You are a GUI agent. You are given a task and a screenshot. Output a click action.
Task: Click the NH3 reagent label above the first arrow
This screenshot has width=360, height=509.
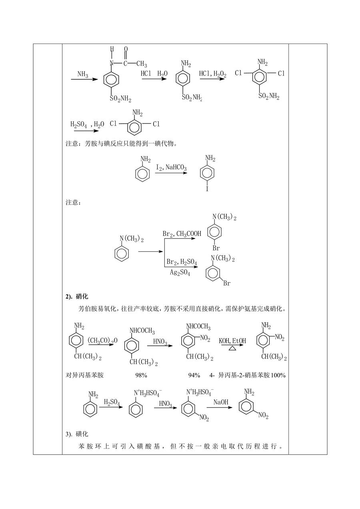coord(83,74)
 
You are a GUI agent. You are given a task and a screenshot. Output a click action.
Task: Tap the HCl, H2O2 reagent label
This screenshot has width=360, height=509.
coord(212,74)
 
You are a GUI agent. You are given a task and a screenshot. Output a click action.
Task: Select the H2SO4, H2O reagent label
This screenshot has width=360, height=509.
coord(87,125)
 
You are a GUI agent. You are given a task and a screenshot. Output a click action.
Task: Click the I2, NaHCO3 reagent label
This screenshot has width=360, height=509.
coord(172,168)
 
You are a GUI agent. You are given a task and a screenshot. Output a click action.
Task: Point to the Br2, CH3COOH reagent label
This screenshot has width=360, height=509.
coord(182,234)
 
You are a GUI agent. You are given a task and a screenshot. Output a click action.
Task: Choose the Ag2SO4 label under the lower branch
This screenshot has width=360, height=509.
coord(180,272)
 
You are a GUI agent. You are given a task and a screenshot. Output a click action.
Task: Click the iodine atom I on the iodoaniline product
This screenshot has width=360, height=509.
coord(207,188)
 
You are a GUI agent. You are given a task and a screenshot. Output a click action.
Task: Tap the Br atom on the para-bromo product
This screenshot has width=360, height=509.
coord(216,248)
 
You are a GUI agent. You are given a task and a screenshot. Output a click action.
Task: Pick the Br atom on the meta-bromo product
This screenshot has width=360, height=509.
coord(227,283)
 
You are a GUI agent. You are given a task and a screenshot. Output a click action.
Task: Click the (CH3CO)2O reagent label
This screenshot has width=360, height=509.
coord(102,341)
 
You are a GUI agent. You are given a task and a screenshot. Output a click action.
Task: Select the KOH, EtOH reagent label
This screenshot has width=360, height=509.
coord(232,341)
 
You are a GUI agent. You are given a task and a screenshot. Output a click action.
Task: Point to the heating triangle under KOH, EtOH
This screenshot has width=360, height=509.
coord(232,348)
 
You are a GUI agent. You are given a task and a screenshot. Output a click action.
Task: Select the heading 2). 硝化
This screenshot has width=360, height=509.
coord(77,297)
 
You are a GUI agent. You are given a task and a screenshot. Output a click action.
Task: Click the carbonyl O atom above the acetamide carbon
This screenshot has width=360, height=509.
coord(126,49)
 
